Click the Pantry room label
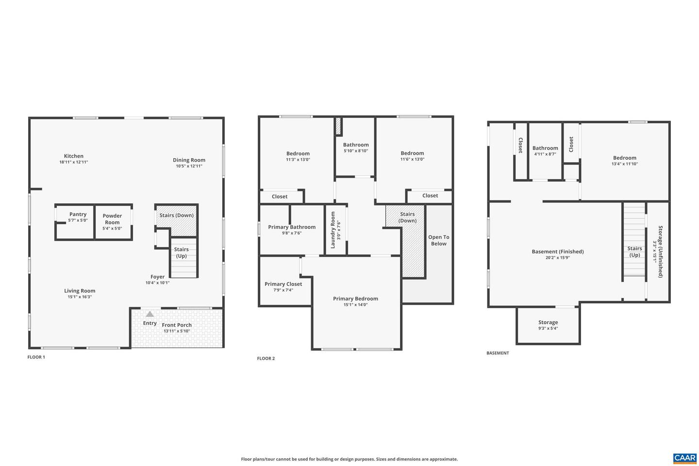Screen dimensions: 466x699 click(78, 214)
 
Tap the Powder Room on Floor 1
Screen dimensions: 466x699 click(112, 221)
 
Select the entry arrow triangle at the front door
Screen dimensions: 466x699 click(150, 314)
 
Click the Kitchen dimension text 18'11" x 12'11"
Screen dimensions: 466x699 click(74, 162)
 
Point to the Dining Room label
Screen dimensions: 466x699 click(189, 160)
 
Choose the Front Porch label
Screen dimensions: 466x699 click(177, 325)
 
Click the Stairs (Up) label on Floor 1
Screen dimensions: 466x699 click(181, 252)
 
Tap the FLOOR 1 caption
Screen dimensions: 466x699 click(36, 357)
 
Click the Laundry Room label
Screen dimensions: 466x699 click(333, 230)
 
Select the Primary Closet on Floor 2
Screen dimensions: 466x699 click(283, 286)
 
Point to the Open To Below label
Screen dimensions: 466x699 click(439, 240)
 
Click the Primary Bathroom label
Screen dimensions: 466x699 click(292, 227)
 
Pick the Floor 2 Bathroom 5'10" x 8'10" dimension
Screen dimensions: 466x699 click(356, 150)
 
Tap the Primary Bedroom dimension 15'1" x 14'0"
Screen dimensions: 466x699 click(355, 305)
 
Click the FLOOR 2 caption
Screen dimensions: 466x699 click(266, 358)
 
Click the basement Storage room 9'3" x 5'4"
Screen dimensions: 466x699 click(548, 325)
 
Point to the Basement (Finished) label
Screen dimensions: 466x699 click(558, 251)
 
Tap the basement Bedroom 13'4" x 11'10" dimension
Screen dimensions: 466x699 click(625, 164)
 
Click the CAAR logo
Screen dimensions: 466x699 click(685, 458)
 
